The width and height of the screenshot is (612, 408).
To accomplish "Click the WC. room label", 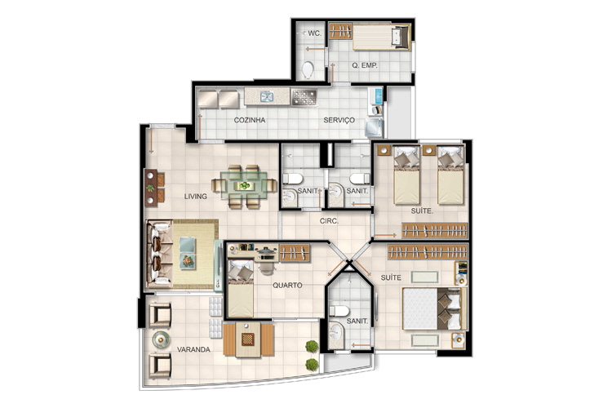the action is click(315, 33).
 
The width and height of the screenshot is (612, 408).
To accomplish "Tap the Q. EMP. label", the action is click(365, 65).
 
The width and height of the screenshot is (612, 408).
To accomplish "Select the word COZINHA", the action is click(250, 120).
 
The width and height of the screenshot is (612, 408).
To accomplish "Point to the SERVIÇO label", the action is click(339, 120).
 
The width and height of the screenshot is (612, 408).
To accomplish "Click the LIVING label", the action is click(196, 197).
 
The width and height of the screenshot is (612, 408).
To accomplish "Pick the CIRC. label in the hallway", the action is click(329, 221).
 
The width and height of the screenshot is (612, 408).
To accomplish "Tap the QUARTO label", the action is click(287, 286).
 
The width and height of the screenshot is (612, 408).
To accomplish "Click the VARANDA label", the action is click(193, 349).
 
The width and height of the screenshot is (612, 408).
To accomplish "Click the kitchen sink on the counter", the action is click(267, 96).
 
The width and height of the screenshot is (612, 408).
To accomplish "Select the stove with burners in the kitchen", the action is click(304, 97).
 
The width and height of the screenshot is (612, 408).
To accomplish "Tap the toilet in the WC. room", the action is click(308, 70).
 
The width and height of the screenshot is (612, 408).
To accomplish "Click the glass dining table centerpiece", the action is click(245, 185).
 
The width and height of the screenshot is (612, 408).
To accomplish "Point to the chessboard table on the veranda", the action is click(248, 339).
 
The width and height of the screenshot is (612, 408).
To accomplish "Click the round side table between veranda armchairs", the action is click(161, 339).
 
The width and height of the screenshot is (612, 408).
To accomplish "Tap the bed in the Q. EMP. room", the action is click(381, 38).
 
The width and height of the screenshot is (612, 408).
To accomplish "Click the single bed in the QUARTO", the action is click(241, 288).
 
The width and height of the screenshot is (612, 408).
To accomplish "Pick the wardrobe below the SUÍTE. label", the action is click(435, 231).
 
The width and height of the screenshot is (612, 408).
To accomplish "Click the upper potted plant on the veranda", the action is click(312, 346).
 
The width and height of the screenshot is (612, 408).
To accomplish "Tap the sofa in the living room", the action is click(159, 254).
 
